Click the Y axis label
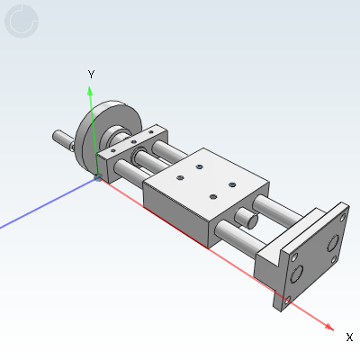point(91,73)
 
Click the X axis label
point(349,337)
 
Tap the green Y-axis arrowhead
point(90,90)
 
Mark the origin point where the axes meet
point(97,178)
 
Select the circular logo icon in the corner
point(22,22)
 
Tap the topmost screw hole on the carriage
point(200,166)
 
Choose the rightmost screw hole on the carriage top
point(232,184)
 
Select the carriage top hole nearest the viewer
point(213,196)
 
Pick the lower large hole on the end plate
point(297,272)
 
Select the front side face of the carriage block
point(175,212)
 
